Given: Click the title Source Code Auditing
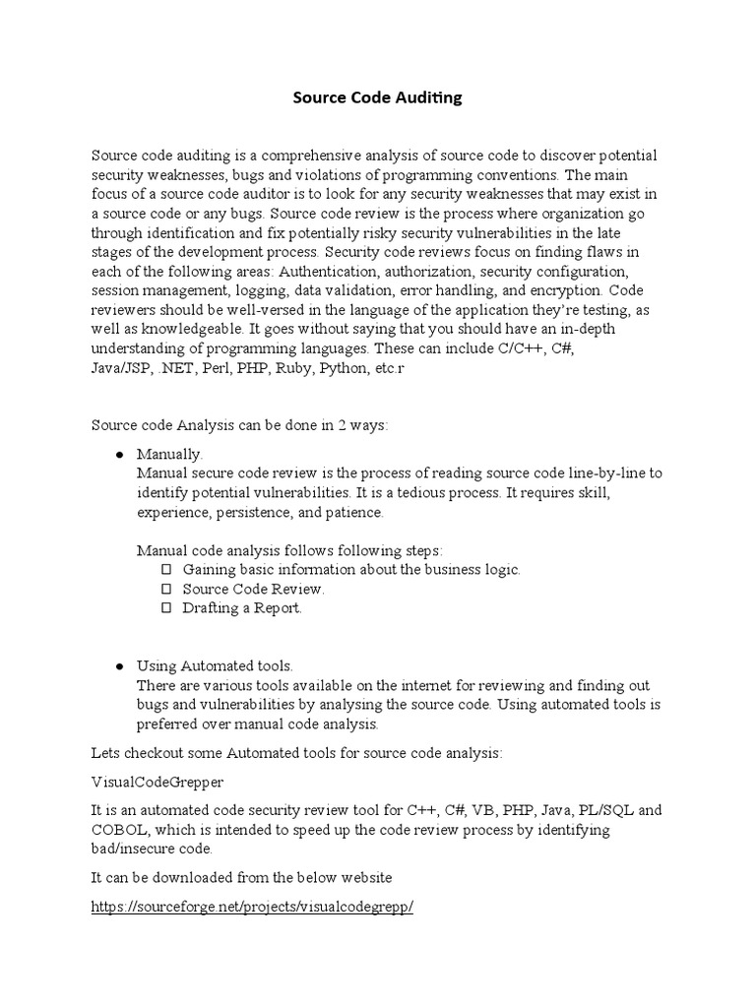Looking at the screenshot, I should tap(378, 97).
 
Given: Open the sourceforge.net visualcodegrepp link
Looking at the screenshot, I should tap(252, 908).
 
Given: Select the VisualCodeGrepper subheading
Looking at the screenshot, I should tap(157, 782).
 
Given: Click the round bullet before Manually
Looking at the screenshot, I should tap(119, 455).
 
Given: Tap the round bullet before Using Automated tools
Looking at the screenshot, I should tap(119, 666).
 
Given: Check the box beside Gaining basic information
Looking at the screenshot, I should tap(165, 570).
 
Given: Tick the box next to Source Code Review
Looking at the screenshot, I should tap(165, 590).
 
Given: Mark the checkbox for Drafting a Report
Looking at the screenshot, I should tap(165, 608).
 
